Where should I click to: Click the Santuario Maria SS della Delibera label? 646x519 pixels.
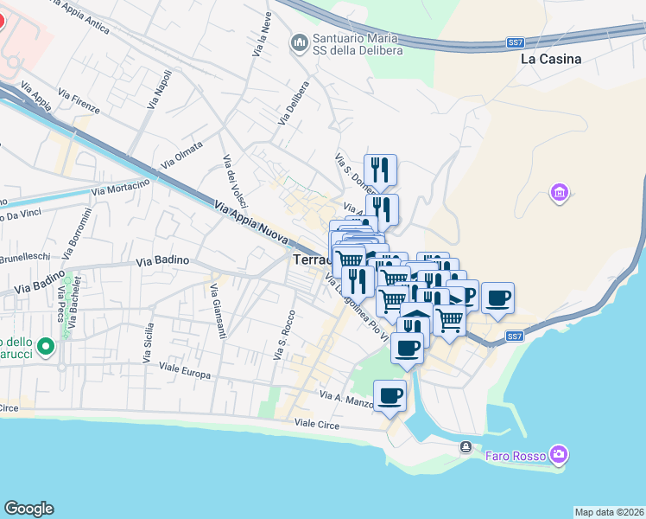355,45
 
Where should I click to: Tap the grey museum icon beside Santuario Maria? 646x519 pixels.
299,42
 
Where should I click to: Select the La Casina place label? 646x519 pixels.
551,60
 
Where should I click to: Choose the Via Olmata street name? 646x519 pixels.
181,155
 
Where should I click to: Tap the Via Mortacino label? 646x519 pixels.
120,185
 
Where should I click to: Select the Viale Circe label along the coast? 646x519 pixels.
317,424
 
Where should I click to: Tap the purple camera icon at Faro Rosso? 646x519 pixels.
559,454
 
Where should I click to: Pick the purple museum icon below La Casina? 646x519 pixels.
559,191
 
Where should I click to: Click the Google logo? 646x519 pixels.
28,509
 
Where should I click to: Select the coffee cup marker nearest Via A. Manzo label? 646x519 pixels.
389,397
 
